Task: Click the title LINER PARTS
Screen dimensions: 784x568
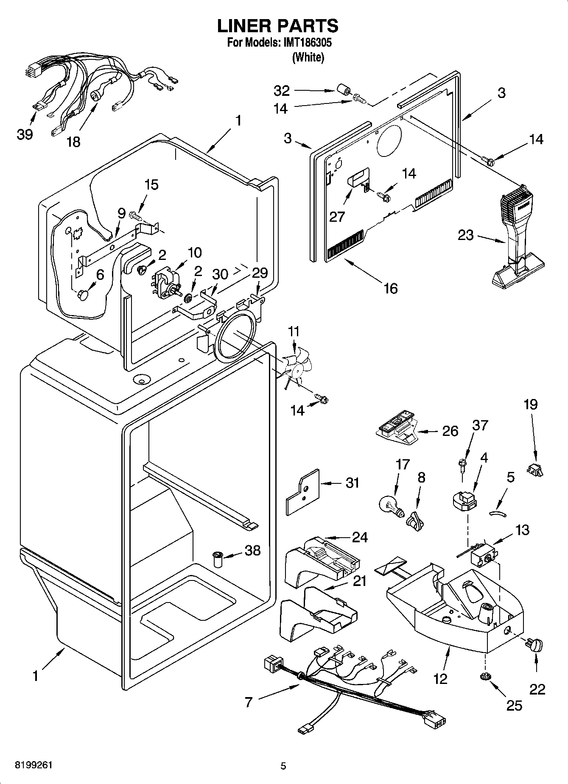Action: (278, 26)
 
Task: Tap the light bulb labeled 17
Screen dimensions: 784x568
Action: (389, 505)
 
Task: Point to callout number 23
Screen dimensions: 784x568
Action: (465, 235)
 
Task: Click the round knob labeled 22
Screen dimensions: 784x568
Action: (536, 646)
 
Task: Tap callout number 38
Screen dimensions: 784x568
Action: (252, 550)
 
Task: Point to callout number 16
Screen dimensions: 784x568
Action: (390, 288)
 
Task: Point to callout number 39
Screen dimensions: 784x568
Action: (25, 135)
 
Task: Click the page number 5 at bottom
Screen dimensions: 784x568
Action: (283, 766)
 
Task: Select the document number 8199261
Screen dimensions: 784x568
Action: (34, 766)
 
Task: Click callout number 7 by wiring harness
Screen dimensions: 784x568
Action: (249, 702)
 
